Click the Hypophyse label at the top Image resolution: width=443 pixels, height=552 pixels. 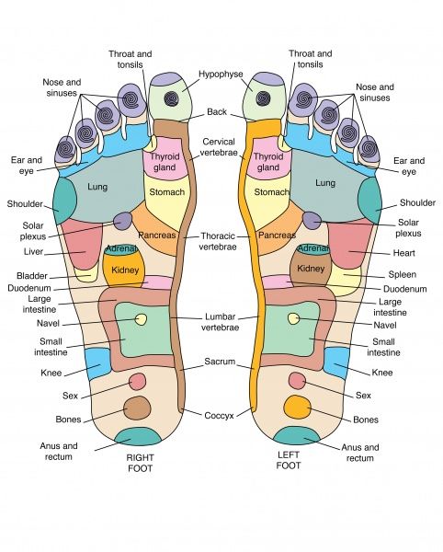coord(221,75)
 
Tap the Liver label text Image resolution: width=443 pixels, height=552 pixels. coord(33,252)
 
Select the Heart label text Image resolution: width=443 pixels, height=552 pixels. coord(404,253)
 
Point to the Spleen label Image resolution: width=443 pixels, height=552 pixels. coord(403,274)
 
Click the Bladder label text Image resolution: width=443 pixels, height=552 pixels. coord(32,276)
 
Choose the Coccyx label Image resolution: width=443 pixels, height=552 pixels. coord(219,416)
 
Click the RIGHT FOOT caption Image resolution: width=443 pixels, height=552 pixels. coord(140,463)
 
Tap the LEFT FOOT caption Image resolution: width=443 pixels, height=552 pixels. coord(289,460)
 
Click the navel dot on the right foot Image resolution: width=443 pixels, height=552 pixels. coord(141,319)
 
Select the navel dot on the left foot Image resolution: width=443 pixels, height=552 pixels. coord(293,318)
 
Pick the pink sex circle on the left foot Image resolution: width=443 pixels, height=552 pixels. coord(297,381)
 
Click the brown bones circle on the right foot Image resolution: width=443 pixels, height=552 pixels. coord(137,408)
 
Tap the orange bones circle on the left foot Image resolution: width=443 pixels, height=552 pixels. coord(298,407)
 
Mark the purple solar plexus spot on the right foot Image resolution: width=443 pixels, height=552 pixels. coord(123,221)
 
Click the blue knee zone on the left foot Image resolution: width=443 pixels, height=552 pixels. coord(336,362)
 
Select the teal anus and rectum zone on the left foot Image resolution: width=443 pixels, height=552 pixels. coord(296,436)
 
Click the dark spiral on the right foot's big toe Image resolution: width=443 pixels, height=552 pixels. coord(171,98)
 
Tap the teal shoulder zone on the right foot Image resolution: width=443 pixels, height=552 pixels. coord(64,201)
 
